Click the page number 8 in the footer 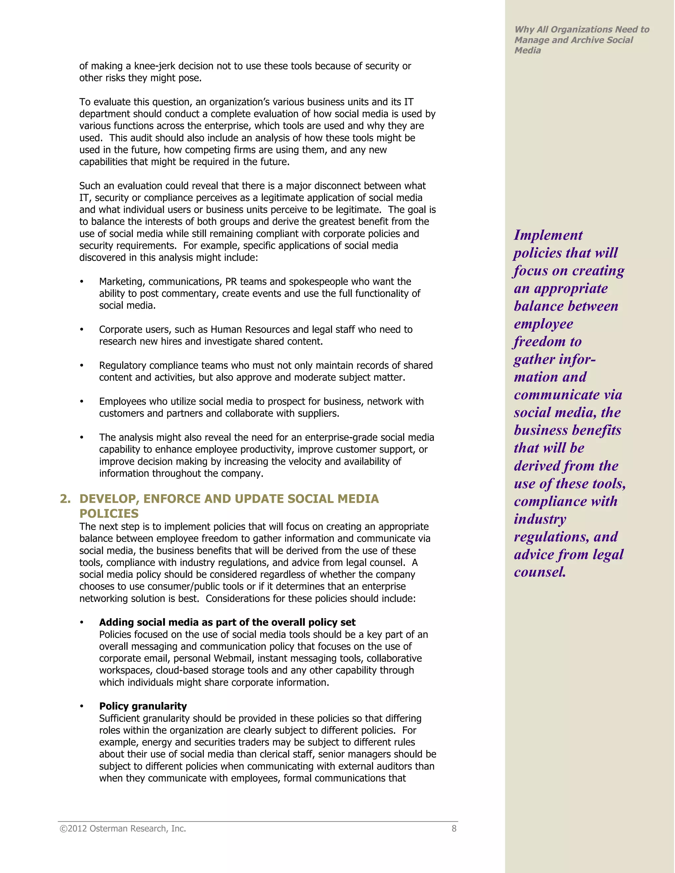[454, 829]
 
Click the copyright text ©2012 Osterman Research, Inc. [123, 829]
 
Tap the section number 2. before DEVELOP [65, 499]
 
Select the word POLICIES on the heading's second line [109, 514]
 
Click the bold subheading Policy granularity [143, 706]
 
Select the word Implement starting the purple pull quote [548, 235]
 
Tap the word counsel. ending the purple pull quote [540, 572]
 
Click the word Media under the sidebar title [527, 50]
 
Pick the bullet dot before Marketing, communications [82, 282]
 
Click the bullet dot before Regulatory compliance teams [82, 366]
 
